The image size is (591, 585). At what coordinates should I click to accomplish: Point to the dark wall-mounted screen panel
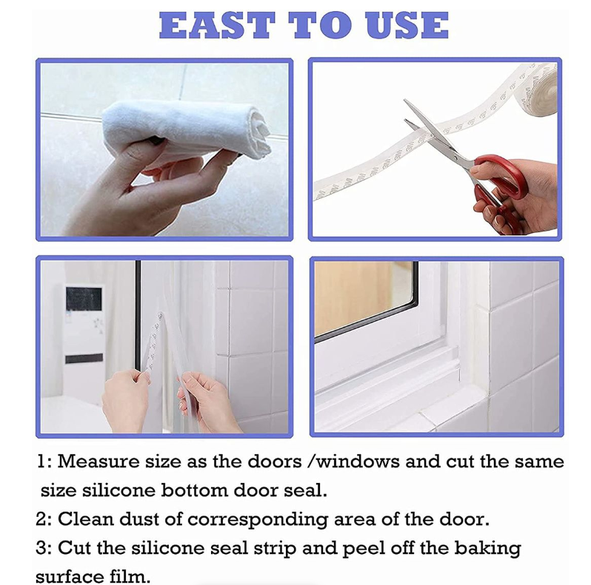click(x=83, y=300)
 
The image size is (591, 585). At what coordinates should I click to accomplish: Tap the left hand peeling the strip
click(x=126, y=399)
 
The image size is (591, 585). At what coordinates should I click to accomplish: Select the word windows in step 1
click(x=358, y=461)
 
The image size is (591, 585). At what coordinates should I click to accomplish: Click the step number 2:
click(x=44, y=518)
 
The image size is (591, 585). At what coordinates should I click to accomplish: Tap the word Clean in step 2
click(x=84, y=518)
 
